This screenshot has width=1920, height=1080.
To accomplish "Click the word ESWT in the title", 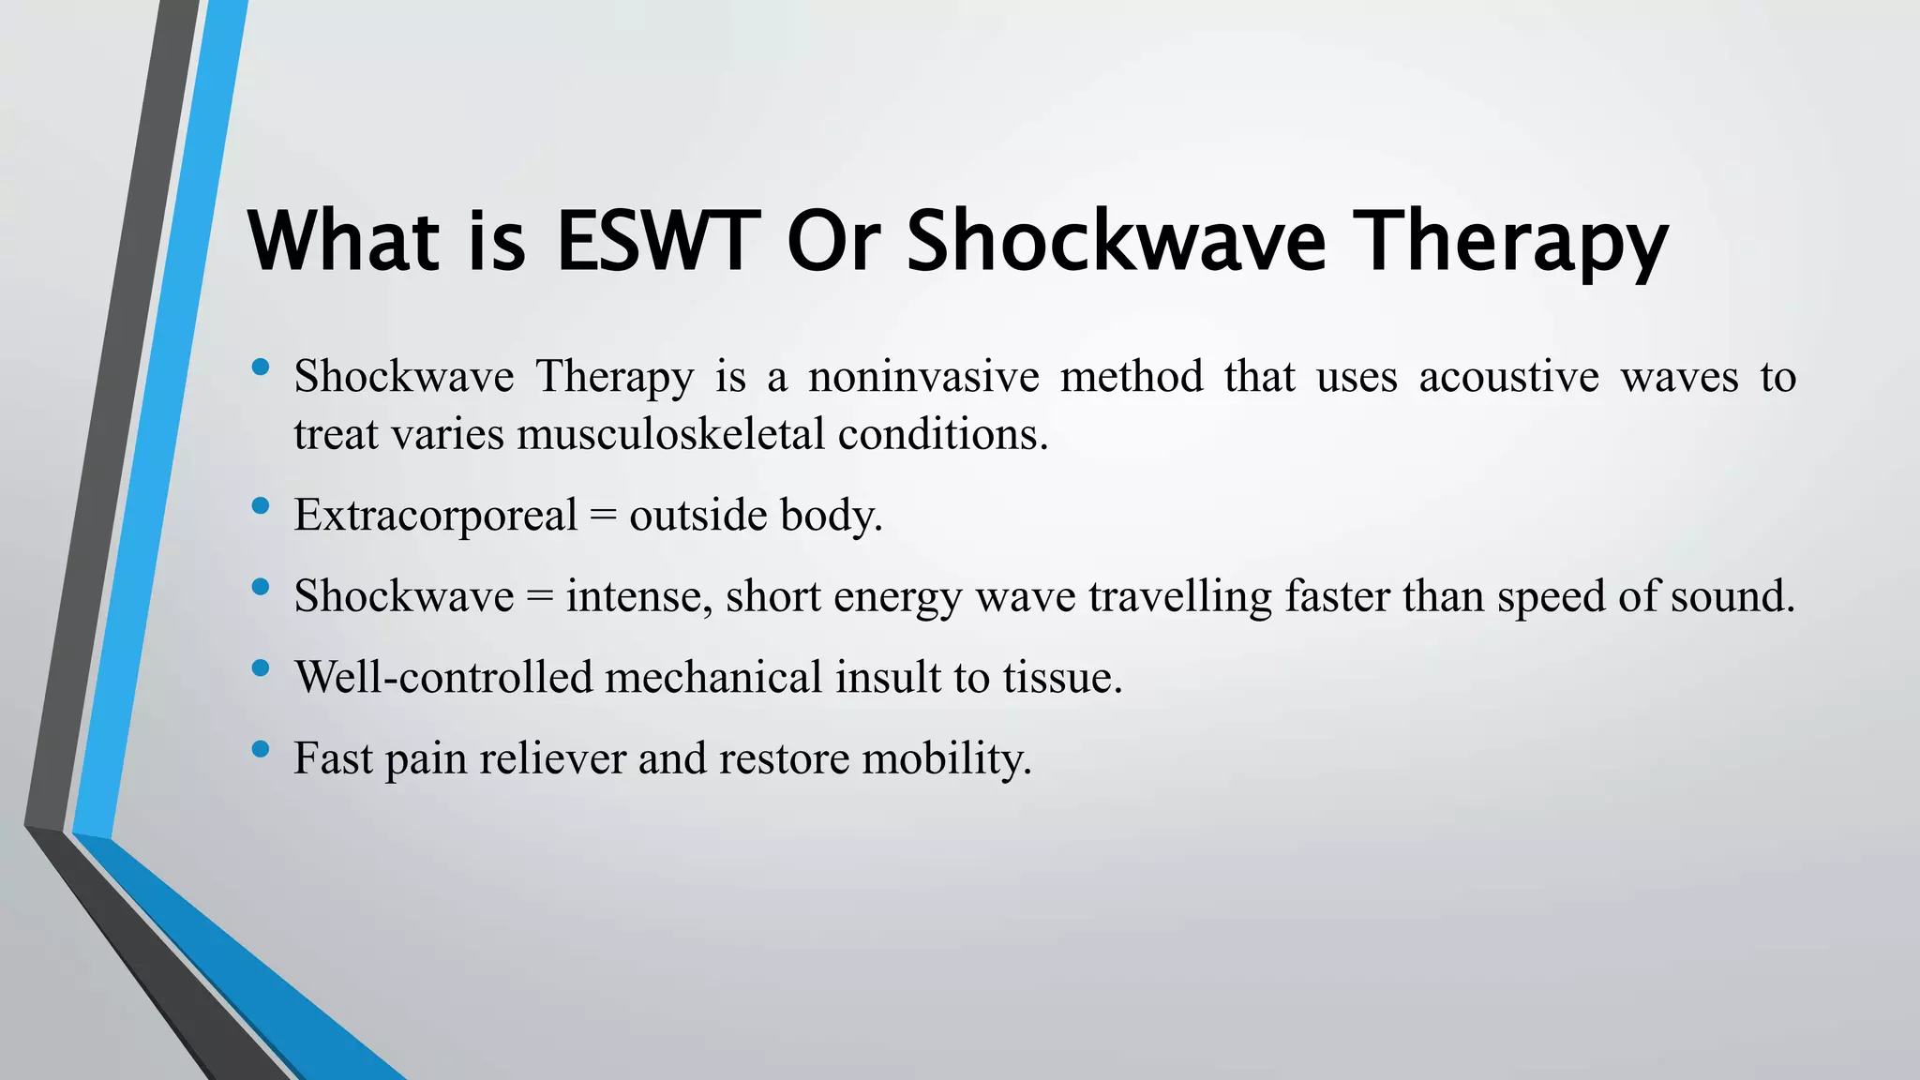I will coord(656,241).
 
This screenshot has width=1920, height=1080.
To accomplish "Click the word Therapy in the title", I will coord(1513,241).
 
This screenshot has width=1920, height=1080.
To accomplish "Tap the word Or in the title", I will coord(832,241).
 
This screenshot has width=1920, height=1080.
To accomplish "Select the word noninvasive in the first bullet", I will coord(923,377).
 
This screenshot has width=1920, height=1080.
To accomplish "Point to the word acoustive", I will coord(1508,377).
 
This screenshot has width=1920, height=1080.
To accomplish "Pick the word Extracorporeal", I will coord(435,515).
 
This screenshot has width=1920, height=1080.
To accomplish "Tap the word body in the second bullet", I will coord(830,515).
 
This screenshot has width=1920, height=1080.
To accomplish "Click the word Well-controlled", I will coord(443,677).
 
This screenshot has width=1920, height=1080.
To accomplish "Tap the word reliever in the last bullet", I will coord(552,757).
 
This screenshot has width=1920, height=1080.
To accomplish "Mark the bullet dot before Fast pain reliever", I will coord(261,749).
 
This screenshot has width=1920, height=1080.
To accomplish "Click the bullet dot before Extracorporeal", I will coord(261,506).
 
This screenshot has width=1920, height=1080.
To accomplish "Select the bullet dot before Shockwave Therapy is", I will coord(261,367).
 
